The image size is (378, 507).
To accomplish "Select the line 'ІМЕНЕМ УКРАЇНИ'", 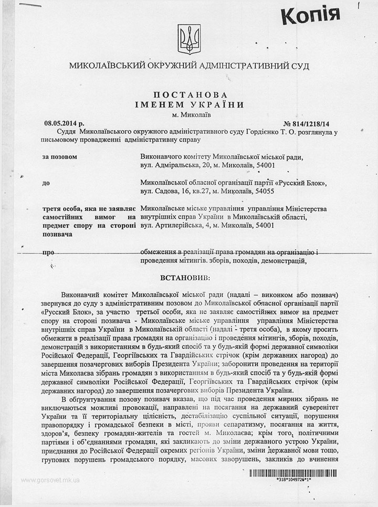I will (x=191, y=104).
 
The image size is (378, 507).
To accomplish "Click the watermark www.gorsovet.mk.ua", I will (x=50, y=480).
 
